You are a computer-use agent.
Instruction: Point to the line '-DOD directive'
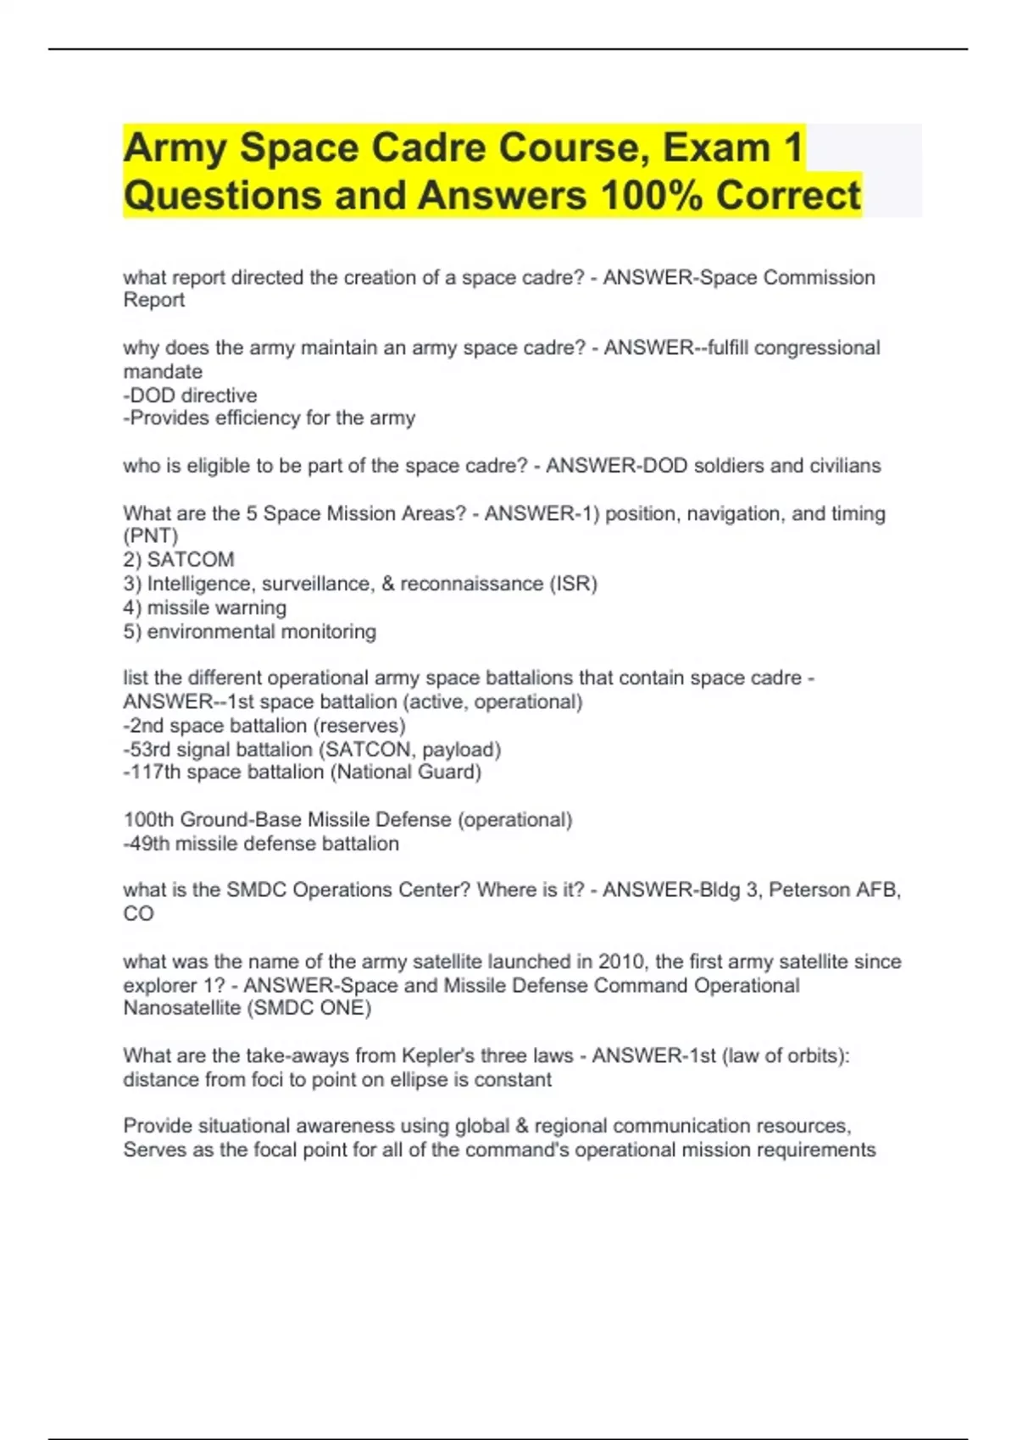(x=190, y=396)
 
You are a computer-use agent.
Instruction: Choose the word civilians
(x=845, y=466)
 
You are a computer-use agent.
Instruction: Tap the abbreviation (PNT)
(x=151, y=536)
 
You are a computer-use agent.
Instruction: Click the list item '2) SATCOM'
(x=179, y=560)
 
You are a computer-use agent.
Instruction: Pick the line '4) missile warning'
(x=204, y=607)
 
